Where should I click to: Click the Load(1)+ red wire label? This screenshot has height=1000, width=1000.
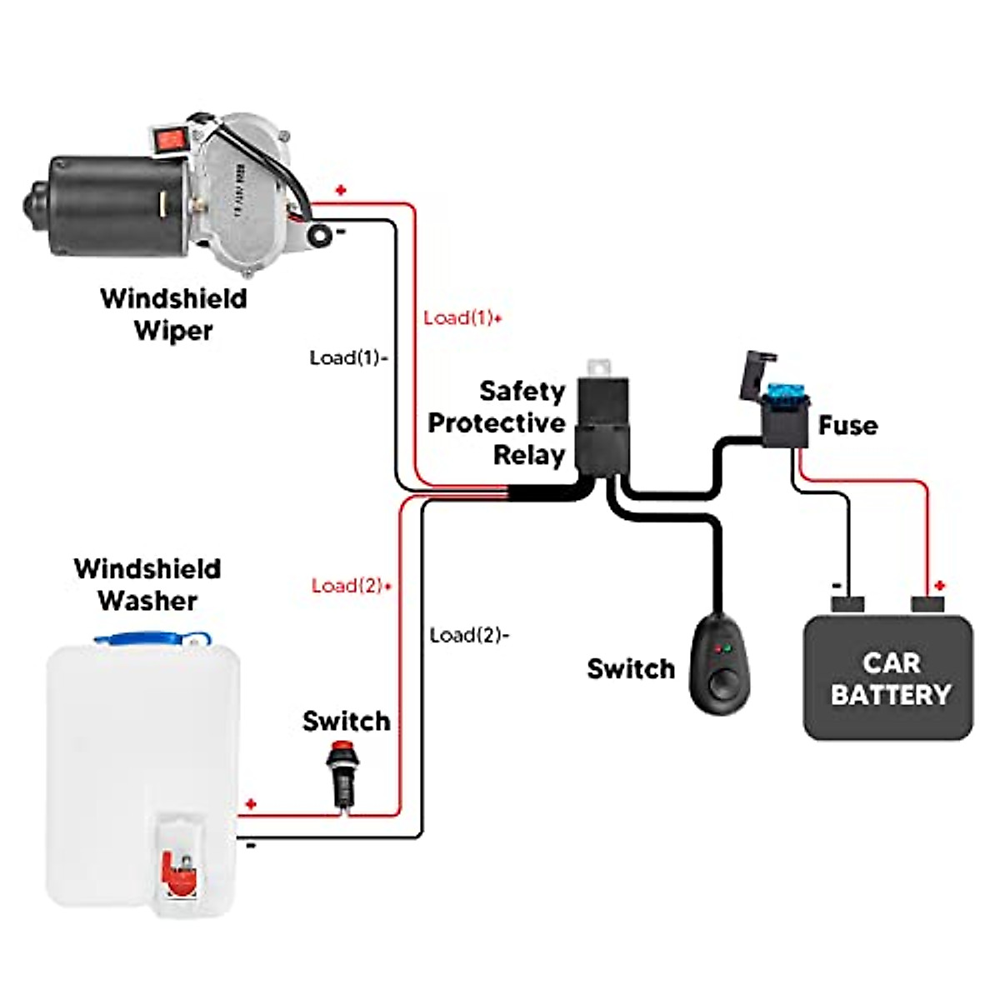pyautogui.click(x=462, y=317)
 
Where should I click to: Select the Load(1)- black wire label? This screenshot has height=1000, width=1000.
pyautogui.click(x=348, y=357)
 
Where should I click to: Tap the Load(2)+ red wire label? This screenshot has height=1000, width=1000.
pyautogui.click(x=351, y=586)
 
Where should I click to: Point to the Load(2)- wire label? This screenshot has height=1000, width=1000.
pyautogui.click(x=469, y=635)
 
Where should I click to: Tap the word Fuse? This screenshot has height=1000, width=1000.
pyautogui.click(x=847, y=425)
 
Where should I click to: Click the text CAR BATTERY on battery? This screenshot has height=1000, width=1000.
pyautogui.click(x=890, y=678)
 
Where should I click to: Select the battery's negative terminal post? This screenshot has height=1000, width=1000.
pyautogui.click(x=847, y=602)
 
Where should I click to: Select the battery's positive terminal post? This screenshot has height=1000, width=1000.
pyautogui.click(x=927, y=602)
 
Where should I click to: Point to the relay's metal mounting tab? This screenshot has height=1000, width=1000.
pyautogui.click(x=598, y=367)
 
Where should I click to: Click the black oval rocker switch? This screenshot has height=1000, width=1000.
pyautogui.click(x=720, y=662)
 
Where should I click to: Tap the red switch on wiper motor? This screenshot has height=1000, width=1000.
pyautogui.click(x=169, y=139)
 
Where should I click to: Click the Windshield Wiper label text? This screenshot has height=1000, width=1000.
pyautogui.click(x=173, y=313)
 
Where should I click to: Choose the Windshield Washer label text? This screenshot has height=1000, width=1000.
pyautogui.click(x=147, y=584)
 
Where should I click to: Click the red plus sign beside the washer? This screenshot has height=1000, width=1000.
pyautogui.click(x=251, y=805)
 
